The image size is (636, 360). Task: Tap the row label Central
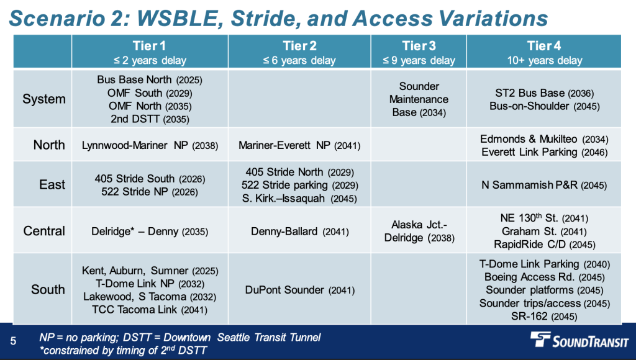pyautogui.click(x=44, y=231)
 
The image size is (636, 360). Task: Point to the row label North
pyautogui.click(x=49, y=145)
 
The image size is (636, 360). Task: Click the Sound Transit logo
pyautogui.click(x=579, y=340)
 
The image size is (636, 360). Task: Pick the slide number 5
pyautogui.click(x=14, y=341)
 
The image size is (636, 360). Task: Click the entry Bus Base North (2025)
pyautogui.click(x=150, y=80)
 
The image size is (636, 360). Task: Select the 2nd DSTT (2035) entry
pyautogui.click(x=150, y=119)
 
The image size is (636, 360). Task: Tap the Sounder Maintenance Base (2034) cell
pyautogui.click(x=419, y=99)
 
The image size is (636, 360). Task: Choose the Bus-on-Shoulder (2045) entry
pyautogui.click(x=544, y=106)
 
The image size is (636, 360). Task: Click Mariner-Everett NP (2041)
pyautogui.click(x=299, y=145)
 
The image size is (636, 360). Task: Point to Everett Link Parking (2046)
pyautogui.click(x=544, y=153)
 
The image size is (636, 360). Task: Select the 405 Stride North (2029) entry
pyautogui.click(x=300, y=173)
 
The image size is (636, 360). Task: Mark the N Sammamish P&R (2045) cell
pyautogui.click(x=544, y=185)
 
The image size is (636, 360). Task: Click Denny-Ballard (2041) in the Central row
pyautogui.click(x=300, y=232)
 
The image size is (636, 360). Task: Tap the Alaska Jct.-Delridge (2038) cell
pyautogui.click(x=419, y=231)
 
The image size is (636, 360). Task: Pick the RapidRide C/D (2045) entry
pyautogui.click(x=544, y=245)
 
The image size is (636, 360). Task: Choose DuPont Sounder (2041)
pyautogui.click(x=300, y=290)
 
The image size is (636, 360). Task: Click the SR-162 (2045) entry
pyautogui.click(x=544, y=316)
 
